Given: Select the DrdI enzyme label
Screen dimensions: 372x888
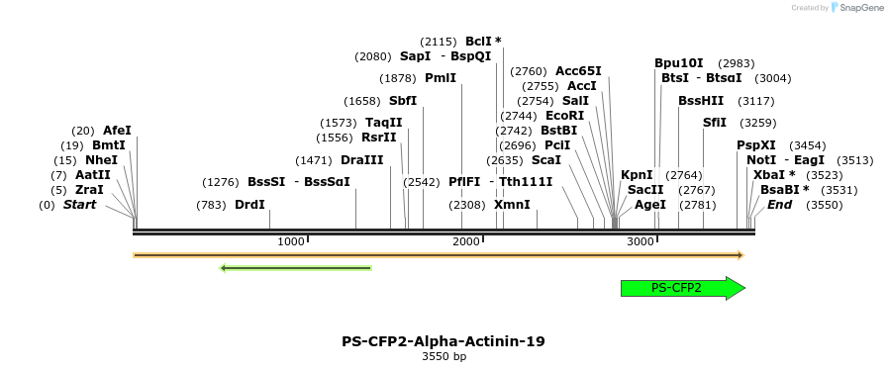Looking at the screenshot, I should click(x=249, y=205).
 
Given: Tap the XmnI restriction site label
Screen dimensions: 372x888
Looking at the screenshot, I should click(x=512, y=205).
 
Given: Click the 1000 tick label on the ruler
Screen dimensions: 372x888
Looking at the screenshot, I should click(x=291, y=242).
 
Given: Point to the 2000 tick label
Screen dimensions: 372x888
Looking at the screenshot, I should click(x=466, y=242).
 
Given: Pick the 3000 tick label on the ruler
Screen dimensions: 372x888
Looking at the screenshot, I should click(x=641, y=242).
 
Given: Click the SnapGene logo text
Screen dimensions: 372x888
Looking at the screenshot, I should click(x=858, y=8).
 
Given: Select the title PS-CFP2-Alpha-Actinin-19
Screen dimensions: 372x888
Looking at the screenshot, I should click(x=444, y=341).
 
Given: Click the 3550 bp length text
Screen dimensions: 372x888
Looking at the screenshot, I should click(x=444, y=356).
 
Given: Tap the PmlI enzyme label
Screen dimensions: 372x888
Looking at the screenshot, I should click(x=441, y=78).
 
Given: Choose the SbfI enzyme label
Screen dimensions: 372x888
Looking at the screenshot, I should click(x=403, y=101).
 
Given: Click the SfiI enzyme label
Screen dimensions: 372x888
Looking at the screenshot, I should click(x=715, y=123).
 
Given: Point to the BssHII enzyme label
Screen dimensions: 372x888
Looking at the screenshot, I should click(x=701, y=101).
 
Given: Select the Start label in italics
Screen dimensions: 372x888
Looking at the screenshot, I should click(x=80, y=205).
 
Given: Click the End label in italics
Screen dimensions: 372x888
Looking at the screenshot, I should click(x=779, y=205).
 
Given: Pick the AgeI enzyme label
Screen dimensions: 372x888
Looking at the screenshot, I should click(x=650, y=205).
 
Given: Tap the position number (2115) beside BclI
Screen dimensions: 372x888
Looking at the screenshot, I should click(x=439, y=42).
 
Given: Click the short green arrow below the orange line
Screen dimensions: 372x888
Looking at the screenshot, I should click(x=295, y=267).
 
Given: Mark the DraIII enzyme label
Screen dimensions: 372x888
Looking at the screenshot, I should click(x=361, y=160).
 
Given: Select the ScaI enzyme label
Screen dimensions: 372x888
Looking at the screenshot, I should click(x=546, y=160).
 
